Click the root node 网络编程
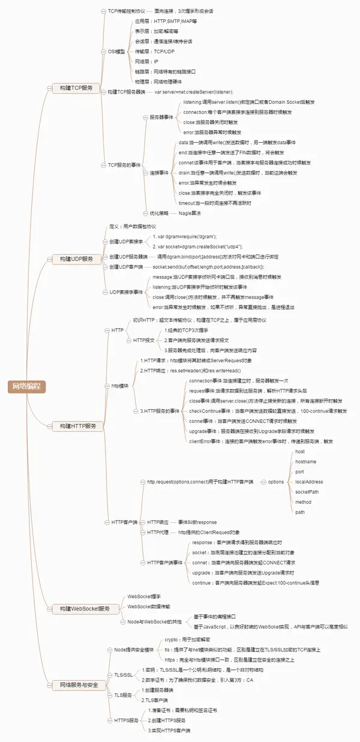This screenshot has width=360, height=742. (27, 370)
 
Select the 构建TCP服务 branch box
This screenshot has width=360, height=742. (72, 88)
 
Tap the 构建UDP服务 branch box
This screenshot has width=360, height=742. (72, 259)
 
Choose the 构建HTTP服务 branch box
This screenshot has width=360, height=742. (74, 409)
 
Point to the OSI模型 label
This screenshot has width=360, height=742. (116, 52)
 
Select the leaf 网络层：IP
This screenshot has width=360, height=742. (147, 62)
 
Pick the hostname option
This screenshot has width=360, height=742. (305, 461)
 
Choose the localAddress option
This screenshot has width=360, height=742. (309, 482)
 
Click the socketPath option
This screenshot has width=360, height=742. (307, 492)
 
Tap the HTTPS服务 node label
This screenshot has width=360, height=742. (125, 720)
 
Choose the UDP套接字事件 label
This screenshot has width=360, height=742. (127, 292)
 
